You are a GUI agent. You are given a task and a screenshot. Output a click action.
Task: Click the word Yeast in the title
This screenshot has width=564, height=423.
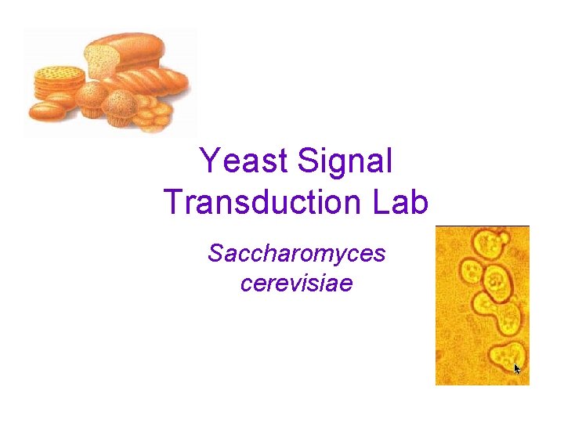coord(244,161)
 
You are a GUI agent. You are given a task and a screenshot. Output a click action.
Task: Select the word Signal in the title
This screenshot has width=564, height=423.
coord(345,161)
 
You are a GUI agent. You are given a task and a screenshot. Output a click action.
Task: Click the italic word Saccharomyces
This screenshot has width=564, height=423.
coord(296,254)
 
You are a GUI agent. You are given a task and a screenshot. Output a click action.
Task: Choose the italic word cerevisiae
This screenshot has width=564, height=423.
coord(296,282)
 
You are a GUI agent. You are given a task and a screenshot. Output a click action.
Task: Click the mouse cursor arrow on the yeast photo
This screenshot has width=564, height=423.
coord(517,367)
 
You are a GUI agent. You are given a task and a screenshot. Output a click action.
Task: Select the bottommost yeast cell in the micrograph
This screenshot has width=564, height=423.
coord(503,356)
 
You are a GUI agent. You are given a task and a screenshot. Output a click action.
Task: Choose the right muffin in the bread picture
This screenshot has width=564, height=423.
coord(120,107)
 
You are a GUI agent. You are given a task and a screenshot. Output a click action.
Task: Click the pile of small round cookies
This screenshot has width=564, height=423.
coord(154,116)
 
